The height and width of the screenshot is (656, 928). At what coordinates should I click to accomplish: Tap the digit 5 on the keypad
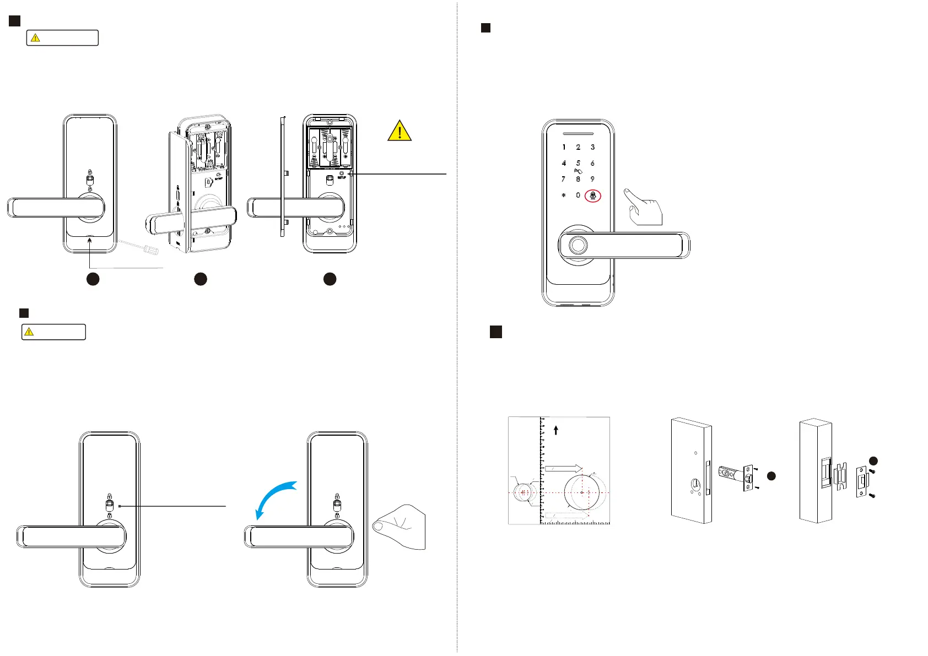click(x=578, y=163)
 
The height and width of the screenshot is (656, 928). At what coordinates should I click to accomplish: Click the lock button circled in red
click(x=593, y=195)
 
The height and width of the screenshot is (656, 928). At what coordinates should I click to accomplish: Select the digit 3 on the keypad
click(x=592, y=147)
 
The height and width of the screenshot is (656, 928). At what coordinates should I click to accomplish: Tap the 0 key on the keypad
click(x=578, y=195)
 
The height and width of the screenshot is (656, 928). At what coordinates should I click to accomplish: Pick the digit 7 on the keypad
click(x=563, y=179)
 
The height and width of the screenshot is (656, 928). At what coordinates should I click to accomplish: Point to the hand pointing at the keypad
click(x=644, y=207)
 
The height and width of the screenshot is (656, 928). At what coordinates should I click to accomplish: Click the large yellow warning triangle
click(x=400, y=131)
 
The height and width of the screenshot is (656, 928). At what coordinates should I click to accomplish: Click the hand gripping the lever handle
click(x=401, y=526)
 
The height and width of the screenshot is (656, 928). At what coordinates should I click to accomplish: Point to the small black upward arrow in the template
click(x=556, y=430)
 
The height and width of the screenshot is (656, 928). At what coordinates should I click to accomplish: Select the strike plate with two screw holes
click(x=862, y=481)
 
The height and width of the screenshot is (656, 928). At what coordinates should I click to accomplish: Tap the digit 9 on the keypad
click(x=592, y=179)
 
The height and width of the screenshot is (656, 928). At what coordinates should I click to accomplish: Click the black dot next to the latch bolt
click(x=771, y=476)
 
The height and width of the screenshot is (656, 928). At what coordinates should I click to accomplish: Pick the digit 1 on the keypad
click(x=563, y=147)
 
